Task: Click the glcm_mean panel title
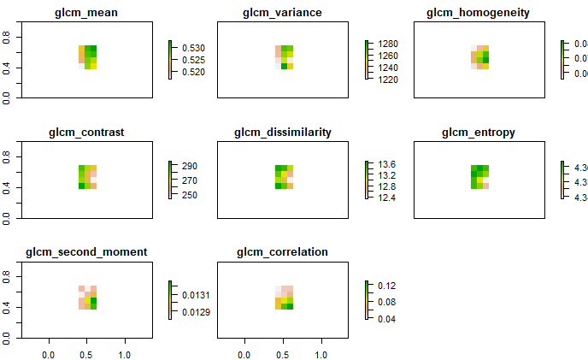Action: pos(87,13)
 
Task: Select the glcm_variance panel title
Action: pos(283,13)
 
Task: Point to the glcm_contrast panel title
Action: pos(87,133)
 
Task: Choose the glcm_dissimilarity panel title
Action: pos(283,133)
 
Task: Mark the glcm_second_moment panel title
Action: pos(87,251)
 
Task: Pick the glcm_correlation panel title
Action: pos(283,251)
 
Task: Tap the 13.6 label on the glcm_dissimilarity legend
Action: pos(387,164)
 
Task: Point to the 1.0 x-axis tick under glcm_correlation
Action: pos(322,353)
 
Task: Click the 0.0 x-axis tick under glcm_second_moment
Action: pos(48,353)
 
